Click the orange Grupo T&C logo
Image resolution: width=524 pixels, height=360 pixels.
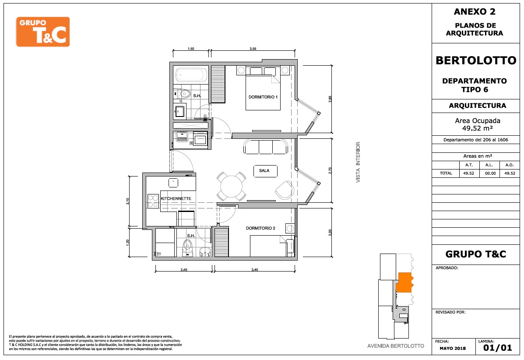click(x=43, y=32)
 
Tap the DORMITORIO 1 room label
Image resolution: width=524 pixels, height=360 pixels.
click(x=263, y=97)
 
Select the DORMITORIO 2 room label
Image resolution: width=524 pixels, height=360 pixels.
click(x=260, y=228)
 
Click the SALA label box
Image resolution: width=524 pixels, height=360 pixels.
click(x=265, y=171)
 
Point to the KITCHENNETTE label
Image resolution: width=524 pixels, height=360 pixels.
click(x=176, y=198)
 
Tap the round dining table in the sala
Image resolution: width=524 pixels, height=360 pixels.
click(x=232, y=186)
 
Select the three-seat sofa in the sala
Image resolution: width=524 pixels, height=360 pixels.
click(x=266, y=147)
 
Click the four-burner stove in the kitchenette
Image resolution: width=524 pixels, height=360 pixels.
click(x=153, y=201)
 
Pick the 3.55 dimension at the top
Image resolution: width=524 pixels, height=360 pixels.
click(x=253, y=49)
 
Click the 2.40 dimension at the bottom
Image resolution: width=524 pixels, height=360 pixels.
click(x=184, y=270)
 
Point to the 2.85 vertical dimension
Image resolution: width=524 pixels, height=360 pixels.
click(x=330, y=99)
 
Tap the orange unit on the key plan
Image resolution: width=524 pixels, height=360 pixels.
click(x=404, y=282)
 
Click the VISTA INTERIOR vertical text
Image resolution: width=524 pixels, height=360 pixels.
click(x=358, y=162)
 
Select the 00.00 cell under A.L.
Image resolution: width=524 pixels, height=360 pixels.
click(x=490, y=173)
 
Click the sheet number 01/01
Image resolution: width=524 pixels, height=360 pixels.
click(x=498, y=348)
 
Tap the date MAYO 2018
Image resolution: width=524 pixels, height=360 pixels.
click(x=453, y=348)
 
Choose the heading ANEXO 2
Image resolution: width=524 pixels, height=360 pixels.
click(x=475, y=12)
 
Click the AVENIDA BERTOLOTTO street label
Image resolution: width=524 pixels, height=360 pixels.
click(x=396, y=346)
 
